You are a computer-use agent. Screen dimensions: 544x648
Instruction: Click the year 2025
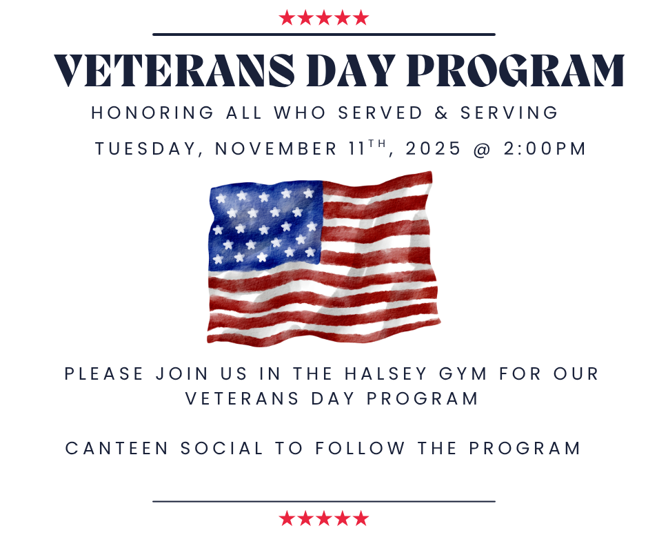(x=433, y=149)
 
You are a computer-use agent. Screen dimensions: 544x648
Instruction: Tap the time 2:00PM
(x=545, y=149)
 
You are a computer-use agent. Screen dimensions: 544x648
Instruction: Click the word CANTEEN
(x=117, y=449)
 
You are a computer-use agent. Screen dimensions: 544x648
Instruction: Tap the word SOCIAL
(x=222, y=449)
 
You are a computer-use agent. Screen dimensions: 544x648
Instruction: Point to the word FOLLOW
(x=361, y=449)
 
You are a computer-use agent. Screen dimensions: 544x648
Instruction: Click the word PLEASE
(x=104, y=374)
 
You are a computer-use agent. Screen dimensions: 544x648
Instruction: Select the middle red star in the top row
(x=324, y=18)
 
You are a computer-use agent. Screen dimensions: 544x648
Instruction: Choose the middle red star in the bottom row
(x=324, y=518)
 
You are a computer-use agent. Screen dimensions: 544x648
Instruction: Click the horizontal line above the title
(x=324, y=34)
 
